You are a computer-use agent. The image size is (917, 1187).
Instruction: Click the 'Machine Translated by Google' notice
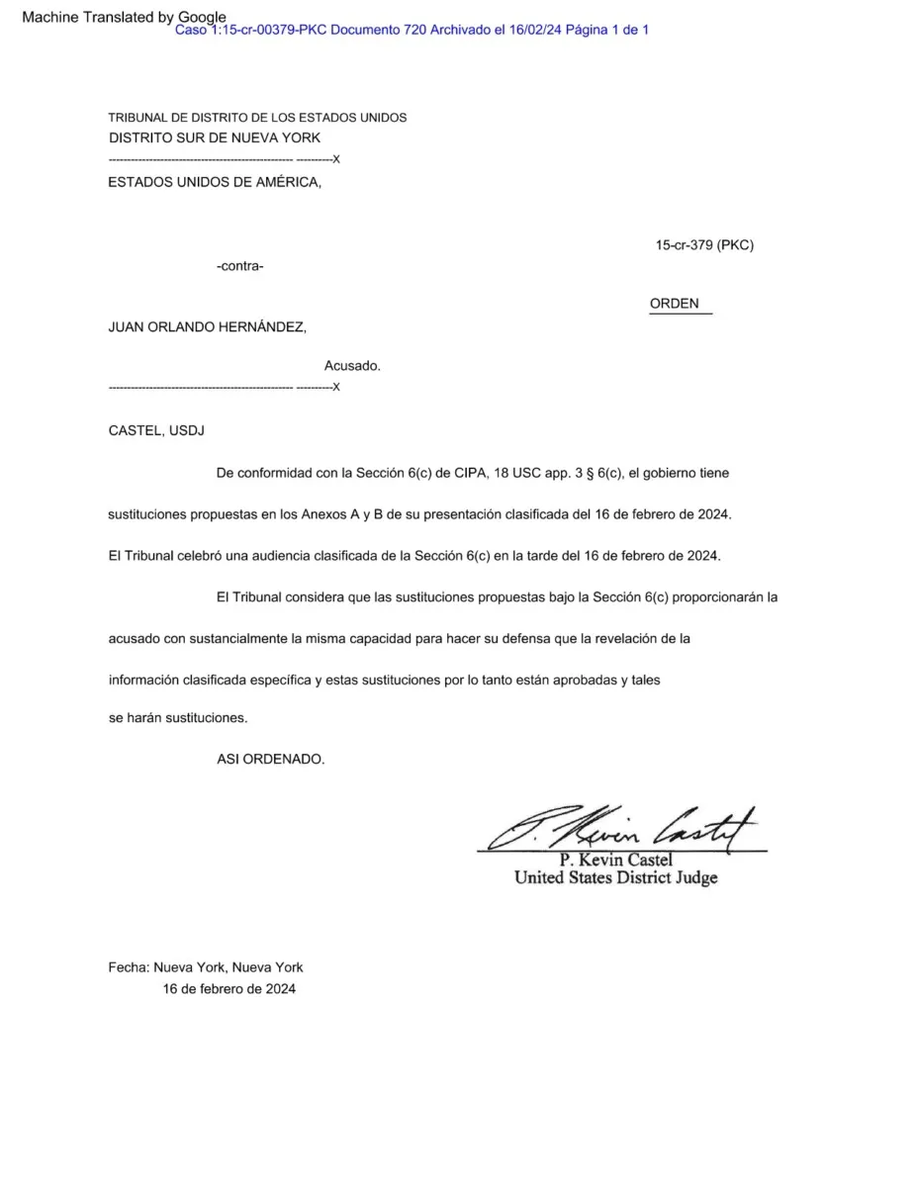pos(123,17)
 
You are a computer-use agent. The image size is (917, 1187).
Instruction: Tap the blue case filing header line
pos(412,31)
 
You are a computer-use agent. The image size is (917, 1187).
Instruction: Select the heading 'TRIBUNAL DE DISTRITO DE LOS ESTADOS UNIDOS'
pos(257,118)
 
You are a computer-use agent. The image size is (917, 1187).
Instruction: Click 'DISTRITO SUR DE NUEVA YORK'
pos(215,137)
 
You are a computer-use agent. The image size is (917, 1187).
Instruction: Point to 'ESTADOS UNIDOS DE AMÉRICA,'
pos(215,182)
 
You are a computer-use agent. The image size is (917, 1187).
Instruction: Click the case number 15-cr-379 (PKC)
pos(704,245)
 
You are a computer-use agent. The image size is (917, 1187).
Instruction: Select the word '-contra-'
pos(239,266)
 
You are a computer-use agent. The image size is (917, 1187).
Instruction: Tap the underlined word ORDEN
pos(675,304)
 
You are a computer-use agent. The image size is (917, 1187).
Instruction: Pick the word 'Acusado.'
pos(352,366)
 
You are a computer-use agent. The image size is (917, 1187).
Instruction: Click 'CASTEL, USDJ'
pos(157,430)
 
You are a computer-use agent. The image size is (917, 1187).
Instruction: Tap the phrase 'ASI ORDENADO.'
pos(270,759)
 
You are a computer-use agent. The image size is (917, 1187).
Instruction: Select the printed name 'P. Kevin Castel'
pos(615,861)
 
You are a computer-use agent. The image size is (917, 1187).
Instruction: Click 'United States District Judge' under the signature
pos(615,877)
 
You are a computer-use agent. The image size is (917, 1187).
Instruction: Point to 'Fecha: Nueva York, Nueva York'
pos(206,967)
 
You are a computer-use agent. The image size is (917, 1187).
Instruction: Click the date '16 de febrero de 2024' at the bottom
pos(229,988)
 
